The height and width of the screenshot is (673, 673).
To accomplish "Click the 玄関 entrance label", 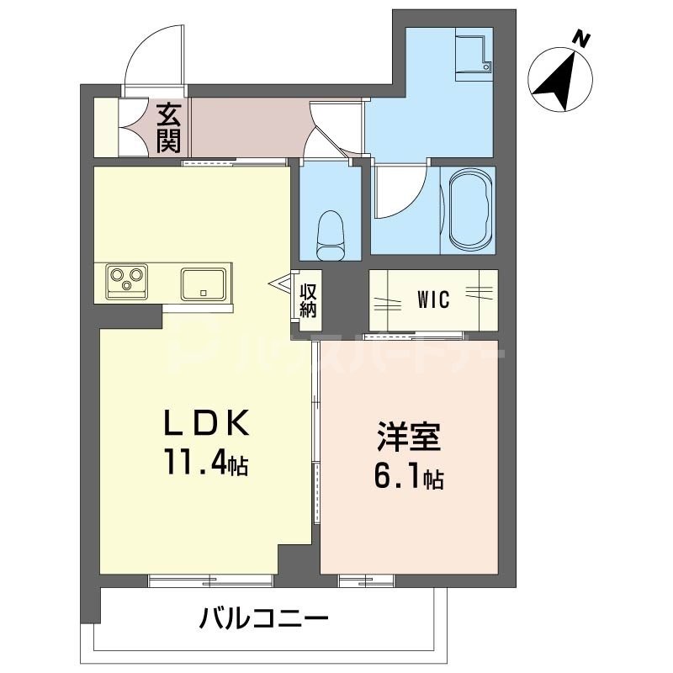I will pos(168,126).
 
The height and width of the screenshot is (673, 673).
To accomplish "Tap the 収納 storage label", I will pos(308,299).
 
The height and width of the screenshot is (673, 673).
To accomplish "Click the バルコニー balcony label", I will pos(263,622).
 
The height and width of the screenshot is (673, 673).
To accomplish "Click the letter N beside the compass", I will pos(580,38).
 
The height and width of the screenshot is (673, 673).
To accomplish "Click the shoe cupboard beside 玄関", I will pos(105,128).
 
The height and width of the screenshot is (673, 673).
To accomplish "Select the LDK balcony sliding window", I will pos(210,579).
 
